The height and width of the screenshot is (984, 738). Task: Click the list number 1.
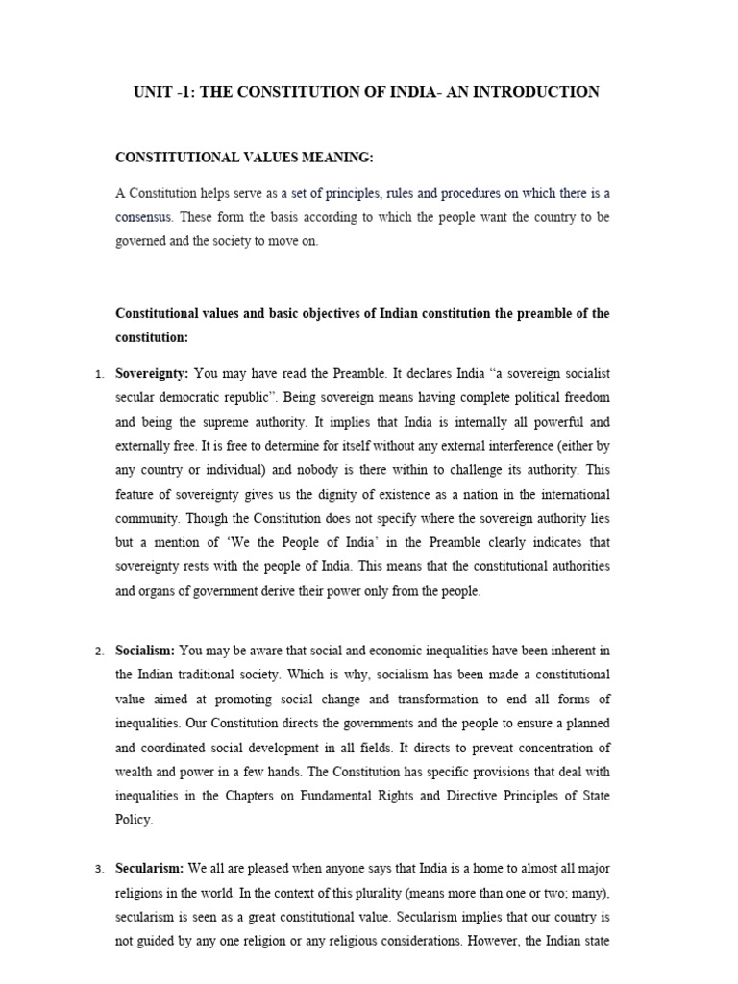point(99,373)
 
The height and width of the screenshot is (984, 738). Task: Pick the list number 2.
point(99,652)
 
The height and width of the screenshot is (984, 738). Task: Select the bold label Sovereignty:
point(152,372)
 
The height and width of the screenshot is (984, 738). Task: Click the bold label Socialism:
point(144,651)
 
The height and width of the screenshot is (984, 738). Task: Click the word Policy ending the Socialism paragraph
point(134,821)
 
